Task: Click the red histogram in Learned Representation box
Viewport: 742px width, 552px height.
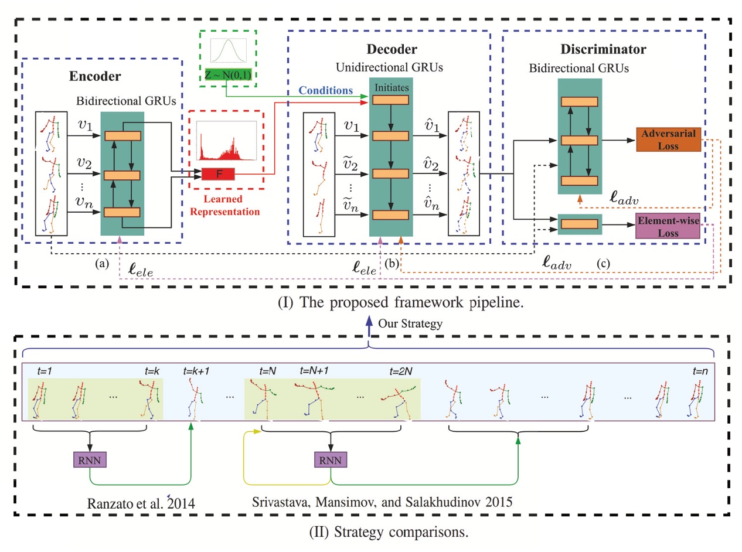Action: click(x=226, y=141)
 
